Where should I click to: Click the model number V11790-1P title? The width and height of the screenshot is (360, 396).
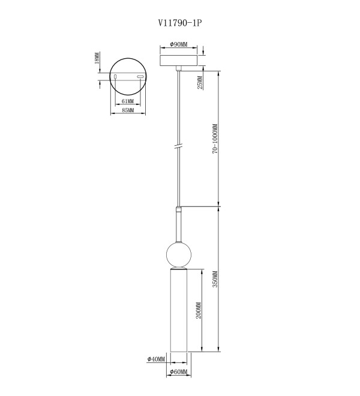pos(180,23)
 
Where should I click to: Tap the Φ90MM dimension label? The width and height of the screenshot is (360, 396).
pos(179,44)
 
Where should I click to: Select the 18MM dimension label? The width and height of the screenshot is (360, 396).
pos(97,58)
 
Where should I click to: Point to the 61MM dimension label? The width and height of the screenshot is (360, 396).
pos(128,101)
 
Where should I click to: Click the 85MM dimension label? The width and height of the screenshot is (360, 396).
pos(128,110)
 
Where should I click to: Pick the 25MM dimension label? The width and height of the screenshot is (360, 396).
pos(200,83)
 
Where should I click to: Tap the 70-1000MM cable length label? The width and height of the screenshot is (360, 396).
pos(215,139)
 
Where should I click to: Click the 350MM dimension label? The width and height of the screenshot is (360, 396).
pos(215,279)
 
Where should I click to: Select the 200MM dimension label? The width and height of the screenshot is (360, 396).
pos(199,310)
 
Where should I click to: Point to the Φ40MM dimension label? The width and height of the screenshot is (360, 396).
pos(156,359)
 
